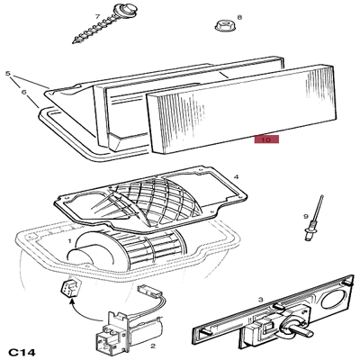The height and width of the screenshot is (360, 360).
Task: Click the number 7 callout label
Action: pos(97,17)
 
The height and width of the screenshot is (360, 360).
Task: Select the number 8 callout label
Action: pos(239,17)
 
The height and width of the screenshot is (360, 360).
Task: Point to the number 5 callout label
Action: pos(8,74)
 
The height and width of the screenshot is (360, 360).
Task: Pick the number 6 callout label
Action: pos(23,93)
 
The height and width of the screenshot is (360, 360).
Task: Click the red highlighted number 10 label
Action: pos(266,139)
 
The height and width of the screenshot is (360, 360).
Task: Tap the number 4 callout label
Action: pos(236,177)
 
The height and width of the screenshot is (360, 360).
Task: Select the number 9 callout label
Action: pos(306,216)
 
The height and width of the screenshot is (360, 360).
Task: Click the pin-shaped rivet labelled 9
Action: pos(314,218)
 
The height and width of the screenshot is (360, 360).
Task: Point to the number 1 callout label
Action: pos(69,240)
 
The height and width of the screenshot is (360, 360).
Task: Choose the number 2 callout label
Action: pos(153,346)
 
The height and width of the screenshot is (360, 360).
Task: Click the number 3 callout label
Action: pos(260,300)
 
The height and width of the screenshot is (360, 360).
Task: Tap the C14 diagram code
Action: pos(22,352)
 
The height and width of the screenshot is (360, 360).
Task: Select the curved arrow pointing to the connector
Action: pos(83,312)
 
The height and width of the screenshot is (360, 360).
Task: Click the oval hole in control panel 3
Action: pos(333,300)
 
